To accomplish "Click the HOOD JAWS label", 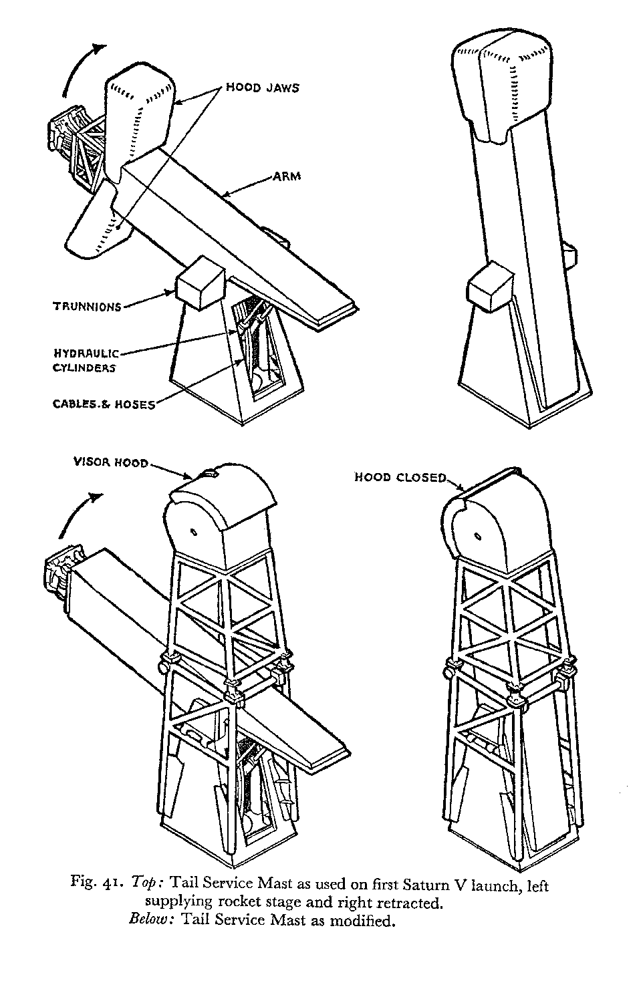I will [262, 88].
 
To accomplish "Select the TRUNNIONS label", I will [88, 307].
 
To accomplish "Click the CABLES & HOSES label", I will [104, 404].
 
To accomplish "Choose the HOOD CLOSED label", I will [400, 477].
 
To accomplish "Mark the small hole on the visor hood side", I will [192, 533].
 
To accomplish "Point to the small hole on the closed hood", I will [477, 536].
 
